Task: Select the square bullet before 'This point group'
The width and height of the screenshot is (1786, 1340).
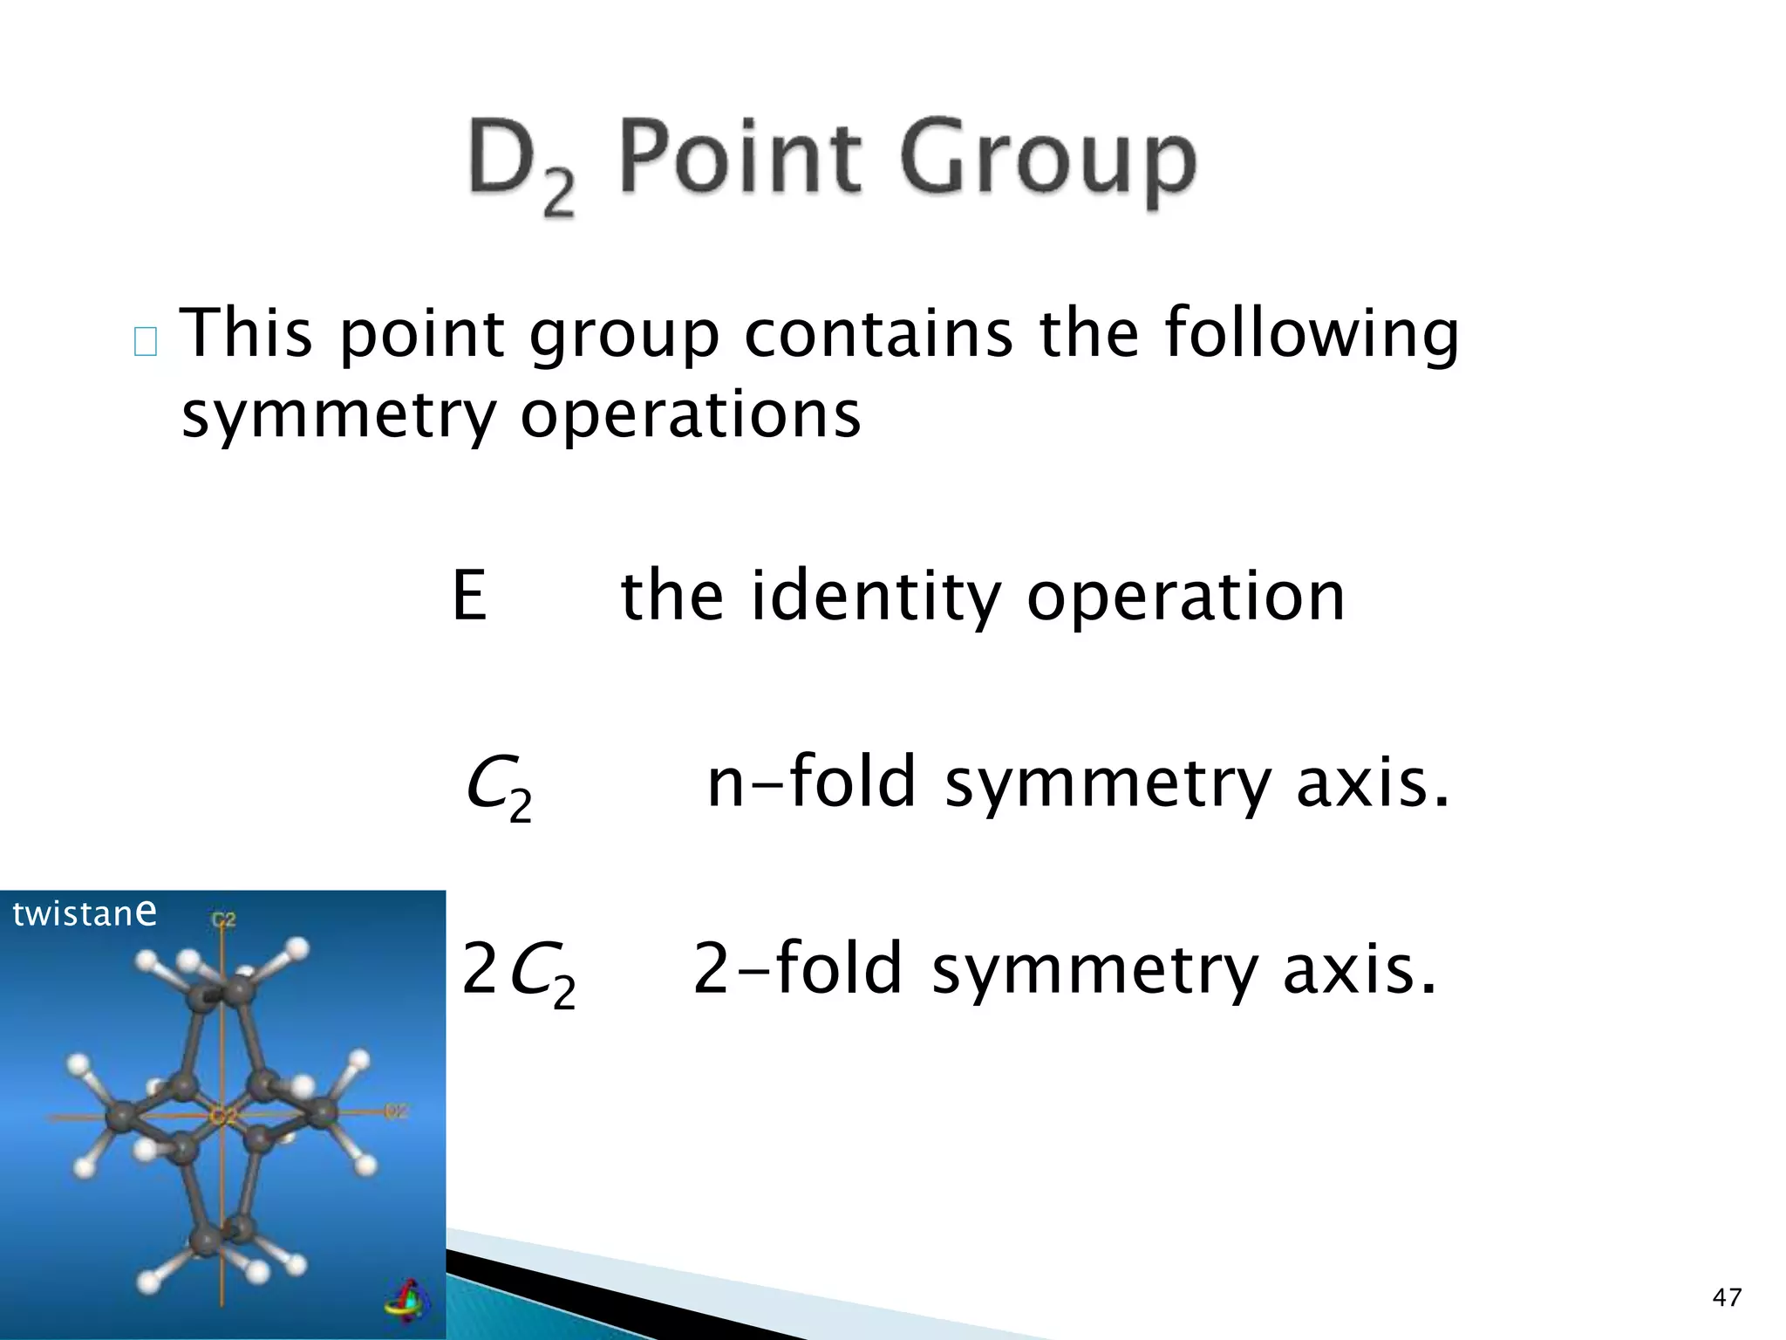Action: tap(146, 341)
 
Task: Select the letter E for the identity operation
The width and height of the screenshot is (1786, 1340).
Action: tap(469, 596)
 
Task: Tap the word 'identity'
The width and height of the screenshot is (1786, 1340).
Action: tap(875, 597)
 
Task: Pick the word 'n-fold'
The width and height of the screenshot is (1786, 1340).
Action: tap(812, 782)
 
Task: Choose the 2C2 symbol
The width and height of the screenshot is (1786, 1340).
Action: tap(518, 972)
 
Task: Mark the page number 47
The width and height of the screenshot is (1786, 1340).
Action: tap(1727, 1297)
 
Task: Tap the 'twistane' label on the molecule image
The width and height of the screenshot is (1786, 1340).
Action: tap(85, 913)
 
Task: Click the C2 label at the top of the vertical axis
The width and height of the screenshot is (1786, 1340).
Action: tap(224, 920)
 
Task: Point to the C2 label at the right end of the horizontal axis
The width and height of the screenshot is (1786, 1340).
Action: tap(396, 1111)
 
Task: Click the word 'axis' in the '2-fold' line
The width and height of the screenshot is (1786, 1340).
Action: tap(1360, 970)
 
